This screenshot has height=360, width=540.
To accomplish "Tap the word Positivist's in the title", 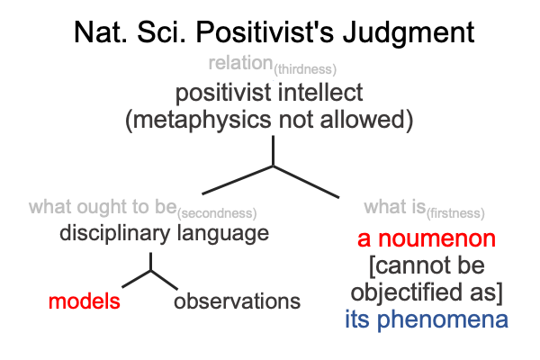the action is click(x=265, y=32).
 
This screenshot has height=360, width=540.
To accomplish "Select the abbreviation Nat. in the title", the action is click(x=101, y=32).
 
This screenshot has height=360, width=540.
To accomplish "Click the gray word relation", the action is click(x=240, y=63).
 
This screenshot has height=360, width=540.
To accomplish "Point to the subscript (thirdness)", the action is click(x=305, y=69).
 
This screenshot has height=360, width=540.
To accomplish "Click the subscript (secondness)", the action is click(x=217, y=213).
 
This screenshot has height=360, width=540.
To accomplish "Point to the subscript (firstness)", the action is click(x=455, y=213).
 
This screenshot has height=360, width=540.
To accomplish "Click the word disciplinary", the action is click(x=114, y=234).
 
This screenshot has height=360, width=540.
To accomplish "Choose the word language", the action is click(x=223, y=234).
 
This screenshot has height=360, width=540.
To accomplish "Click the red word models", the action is click(x=85, y=301).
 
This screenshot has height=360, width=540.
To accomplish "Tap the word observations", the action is click(x=237, y=301).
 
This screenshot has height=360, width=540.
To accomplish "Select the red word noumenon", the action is click(x=437, y=239).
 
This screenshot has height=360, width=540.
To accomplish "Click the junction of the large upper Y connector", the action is click(x=273, y=166).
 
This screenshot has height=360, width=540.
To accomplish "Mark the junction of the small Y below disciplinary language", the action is click(x=151, y=271).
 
